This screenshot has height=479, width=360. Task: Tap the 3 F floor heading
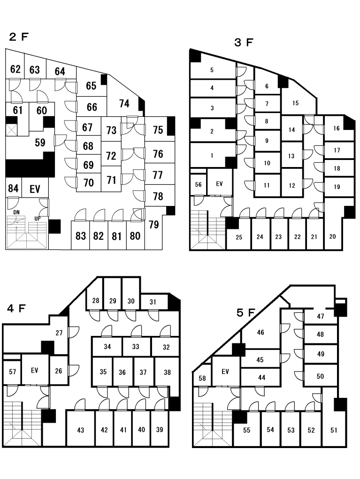[244, 43]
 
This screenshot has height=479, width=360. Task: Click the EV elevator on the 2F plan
[35, 190]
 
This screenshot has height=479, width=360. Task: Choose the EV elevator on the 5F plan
[225, 372]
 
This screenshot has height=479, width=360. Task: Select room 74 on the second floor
[124, 104]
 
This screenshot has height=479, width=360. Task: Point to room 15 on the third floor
[295, 103]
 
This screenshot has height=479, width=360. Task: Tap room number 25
[239, 237]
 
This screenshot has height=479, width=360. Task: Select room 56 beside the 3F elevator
[198, 184]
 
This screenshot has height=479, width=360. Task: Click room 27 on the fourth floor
[59, 333]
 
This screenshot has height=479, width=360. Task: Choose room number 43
[80, 430]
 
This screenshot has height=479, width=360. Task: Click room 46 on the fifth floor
[260, 333]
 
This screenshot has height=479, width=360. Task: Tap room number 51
[333, 430]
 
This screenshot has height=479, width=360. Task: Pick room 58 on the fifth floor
[202, 379]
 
